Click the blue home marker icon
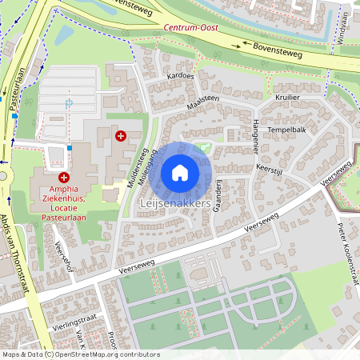tap(180, 173)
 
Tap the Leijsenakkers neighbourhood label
tap(174, 204)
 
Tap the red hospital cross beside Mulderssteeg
tap(121, 136)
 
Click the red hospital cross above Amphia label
tap(63, 176)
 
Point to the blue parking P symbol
tap(68, 103)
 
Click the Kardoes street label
tap(180, 76)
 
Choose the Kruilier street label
tap(287, 96)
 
